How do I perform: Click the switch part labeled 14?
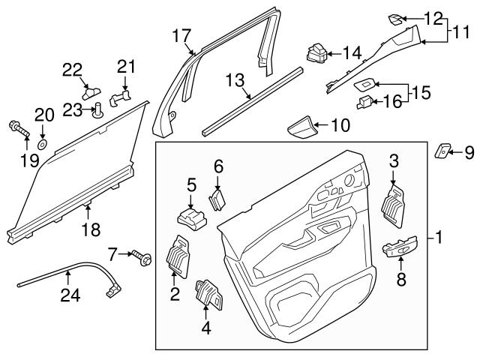(x=315, y=54)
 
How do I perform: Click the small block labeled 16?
(x=365, y=100)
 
